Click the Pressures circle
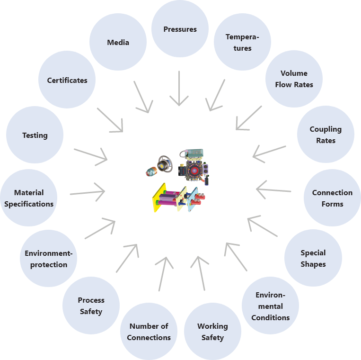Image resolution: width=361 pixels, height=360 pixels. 180,29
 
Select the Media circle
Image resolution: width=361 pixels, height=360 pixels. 118,42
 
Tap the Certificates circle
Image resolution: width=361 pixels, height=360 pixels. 67,81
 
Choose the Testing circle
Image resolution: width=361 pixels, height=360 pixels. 35,135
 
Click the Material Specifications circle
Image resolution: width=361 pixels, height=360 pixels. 29,198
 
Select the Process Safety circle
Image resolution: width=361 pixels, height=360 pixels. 91,306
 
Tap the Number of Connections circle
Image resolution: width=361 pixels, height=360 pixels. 149,332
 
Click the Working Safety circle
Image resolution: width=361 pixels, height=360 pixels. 212,332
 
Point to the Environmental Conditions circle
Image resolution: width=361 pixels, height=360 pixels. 270,306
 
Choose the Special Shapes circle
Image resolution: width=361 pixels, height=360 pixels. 313,258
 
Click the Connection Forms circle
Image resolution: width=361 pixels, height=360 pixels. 332,198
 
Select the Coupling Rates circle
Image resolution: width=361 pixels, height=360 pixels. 326,135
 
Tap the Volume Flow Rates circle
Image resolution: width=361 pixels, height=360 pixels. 294,79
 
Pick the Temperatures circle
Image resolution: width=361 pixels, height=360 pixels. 242,43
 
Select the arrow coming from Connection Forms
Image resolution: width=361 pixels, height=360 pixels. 274,190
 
